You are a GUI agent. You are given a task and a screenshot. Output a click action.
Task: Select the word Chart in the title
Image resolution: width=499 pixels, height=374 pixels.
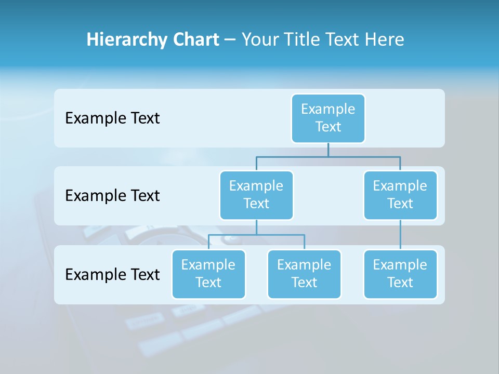pos(195,39)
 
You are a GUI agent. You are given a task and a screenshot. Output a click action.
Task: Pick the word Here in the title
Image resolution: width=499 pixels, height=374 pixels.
pos(384,39)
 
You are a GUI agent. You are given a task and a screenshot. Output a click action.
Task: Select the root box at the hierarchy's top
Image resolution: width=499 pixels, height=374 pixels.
pos(328,118)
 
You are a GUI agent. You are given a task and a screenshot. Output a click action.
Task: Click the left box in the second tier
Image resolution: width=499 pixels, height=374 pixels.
pos(256,195)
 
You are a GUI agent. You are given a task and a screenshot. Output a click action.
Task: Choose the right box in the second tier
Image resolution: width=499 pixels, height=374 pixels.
pos(400,195)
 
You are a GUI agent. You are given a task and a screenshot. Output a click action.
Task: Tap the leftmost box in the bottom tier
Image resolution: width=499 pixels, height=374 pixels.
pos(208,274)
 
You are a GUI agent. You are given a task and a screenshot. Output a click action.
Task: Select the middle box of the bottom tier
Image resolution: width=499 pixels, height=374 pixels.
pos(304,274)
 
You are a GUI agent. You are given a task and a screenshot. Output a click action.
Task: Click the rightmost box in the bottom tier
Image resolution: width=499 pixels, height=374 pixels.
pos(400,274)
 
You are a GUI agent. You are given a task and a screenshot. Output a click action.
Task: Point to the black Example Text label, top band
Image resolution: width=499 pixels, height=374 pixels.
pos(112,118)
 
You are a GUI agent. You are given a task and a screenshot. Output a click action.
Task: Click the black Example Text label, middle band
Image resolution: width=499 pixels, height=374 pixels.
pos(112,195)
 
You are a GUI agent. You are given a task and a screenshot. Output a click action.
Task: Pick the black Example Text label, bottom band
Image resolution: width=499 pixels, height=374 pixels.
pos(112,274)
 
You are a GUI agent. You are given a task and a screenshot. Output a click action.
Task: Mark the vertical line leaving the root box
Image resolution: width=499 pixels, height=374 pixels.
pos(328,150)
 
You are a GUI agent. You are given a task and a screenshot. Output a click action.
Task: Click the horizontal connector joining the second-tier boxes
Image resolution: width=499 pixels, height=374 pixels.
pos(328,156)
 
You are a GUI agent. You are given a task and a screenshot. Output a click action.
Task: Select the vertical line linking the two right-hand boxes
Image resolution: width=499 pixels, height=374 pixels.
pos(400,234)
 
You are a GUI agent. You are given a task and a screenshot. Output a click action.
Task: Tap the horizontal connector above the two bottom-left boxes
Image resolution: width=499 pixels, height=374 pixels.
pos(256,235)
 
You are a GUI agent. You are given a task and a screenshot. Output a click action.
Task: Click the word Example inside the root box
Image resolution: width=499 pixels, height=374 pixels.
pos(328,109)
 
